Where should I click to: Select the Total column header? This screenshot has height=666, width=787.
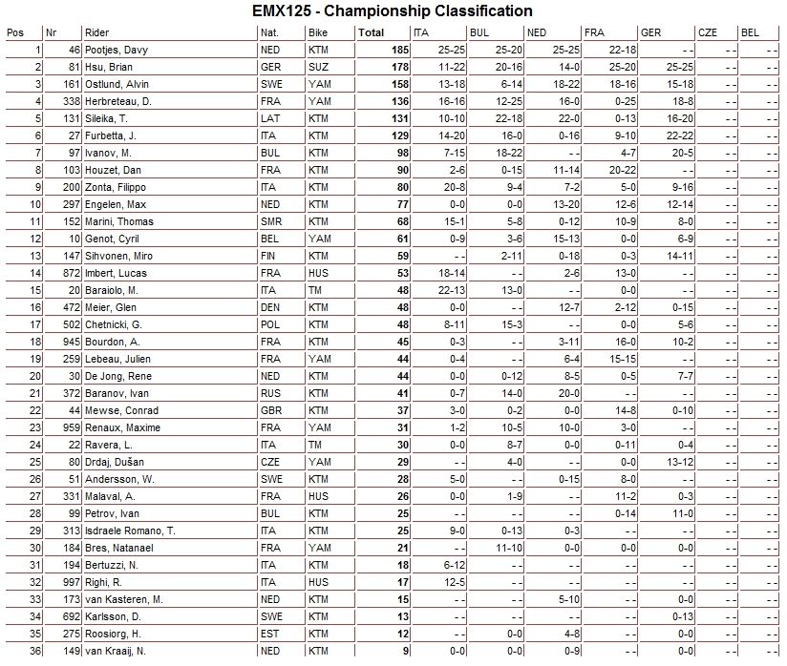pos(371,32)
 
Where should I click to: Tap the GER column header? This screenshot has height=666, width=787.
pos(650,32)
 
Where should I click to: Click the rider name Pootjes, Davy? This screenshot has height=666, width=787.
pos(115,50)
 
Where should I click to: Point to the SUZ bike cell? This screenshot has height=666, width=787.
pos(318,67)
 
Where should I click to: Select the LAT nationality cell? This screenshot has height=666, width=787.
pos(269,118)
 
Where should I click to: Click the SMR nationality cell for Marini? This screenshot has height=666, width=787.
pos(270,221)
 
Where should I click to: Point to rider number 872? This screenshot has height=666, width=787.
pos(68,273)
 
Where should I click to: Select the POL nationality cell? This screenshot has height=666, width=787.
pos(269,324)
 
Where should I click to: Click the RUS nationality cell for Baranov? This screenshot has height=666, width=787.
pos(270,393)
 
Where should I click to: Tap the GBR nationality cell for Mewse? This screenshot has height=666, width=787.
pos(270,410)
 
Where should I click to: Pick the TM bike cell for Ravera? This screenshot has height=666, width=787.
pos(315,445)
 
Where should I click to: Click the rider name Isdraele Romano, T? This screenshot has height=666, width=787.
pos(126,531)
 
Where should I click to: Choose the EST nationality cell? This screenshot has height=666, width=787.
pos(269,634)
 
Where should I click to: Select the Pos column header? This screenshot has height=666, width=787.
pos(15,32)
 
